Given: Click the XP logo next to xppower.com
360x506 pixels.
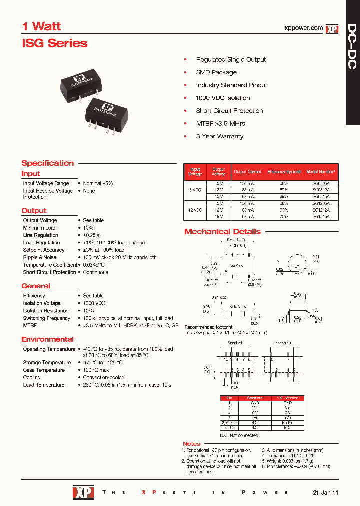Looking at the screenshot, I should pyautogui.click(x=332, y=29).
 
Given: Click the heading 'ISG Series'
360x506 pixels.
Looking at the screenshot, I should pyautogui.click(x=55, y=43).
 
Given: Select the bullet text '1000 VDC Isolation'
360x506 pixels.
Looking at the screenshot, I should pyautogui.click(x=223, y=98).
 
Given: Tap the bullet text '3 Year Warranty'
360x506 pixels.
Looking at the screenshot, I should pyautogui.click(x=219, y=136).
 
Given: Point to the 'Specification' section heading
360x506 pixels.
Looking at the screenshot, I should pyautogui.click(x=47, y=163).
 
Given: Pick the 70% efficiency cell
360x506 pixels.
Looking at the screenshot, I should pyautogui.click(x=284, y=217).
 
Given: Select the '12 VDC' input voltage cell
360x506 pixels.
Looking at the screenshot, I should pyautogui.click(x=195, y=210).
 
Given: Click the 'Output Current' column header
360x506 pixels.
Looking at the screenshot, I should pyautogui.click(x=248, y=171).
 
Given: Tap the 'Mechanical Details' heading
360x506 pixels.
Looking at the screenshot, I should pyautogui.click(x=222, y=232).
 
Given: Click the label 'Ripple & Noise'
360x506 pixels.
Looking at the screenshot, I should pyautogui.click(x=40, y=257).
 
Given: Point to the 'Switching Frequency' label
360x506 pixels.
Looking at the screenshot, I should pyautogui.click(x=47, y=318).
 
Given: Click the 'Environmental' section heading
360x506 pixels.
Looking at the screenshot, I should pyautogui.click(x=47, y=339).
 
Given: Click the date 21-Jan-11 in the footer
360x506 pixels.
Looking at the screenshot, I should pyautogui.click(x=325, y=492).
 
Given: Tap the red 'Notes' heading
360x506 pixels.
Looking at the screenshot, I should pyautogui.click(x=191, y=444).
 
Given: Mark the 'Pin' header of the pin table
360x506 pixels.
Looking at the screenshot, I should pyautogui.click(x=230, y=398).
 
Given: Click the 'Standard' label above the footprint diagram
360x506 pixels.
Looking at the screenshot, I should pyautogui.click(x=234, y=343).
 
